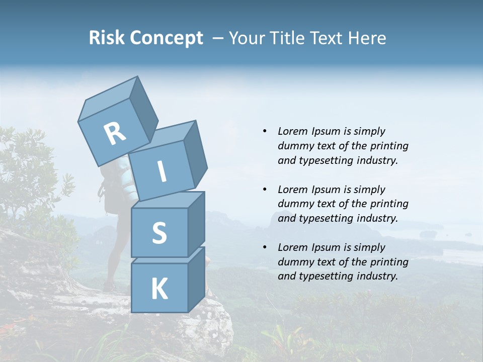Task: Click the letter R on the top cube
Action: point(115,133)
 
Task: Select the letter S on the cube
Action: point(159,233)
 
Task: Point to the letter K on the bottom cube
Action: point(159,289)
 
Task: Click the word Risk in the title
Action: point(106,38)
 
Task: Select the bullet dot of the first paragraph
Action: point(265,131)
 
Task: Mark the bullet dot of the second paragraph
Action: point(265,190)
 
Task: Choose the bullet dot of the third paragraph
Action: point(265,247)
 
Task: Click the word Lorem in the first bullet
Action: point(292,131)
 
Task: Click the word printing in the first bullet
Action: point(389,146)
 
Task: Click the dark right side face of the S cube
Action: point(197,224)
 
